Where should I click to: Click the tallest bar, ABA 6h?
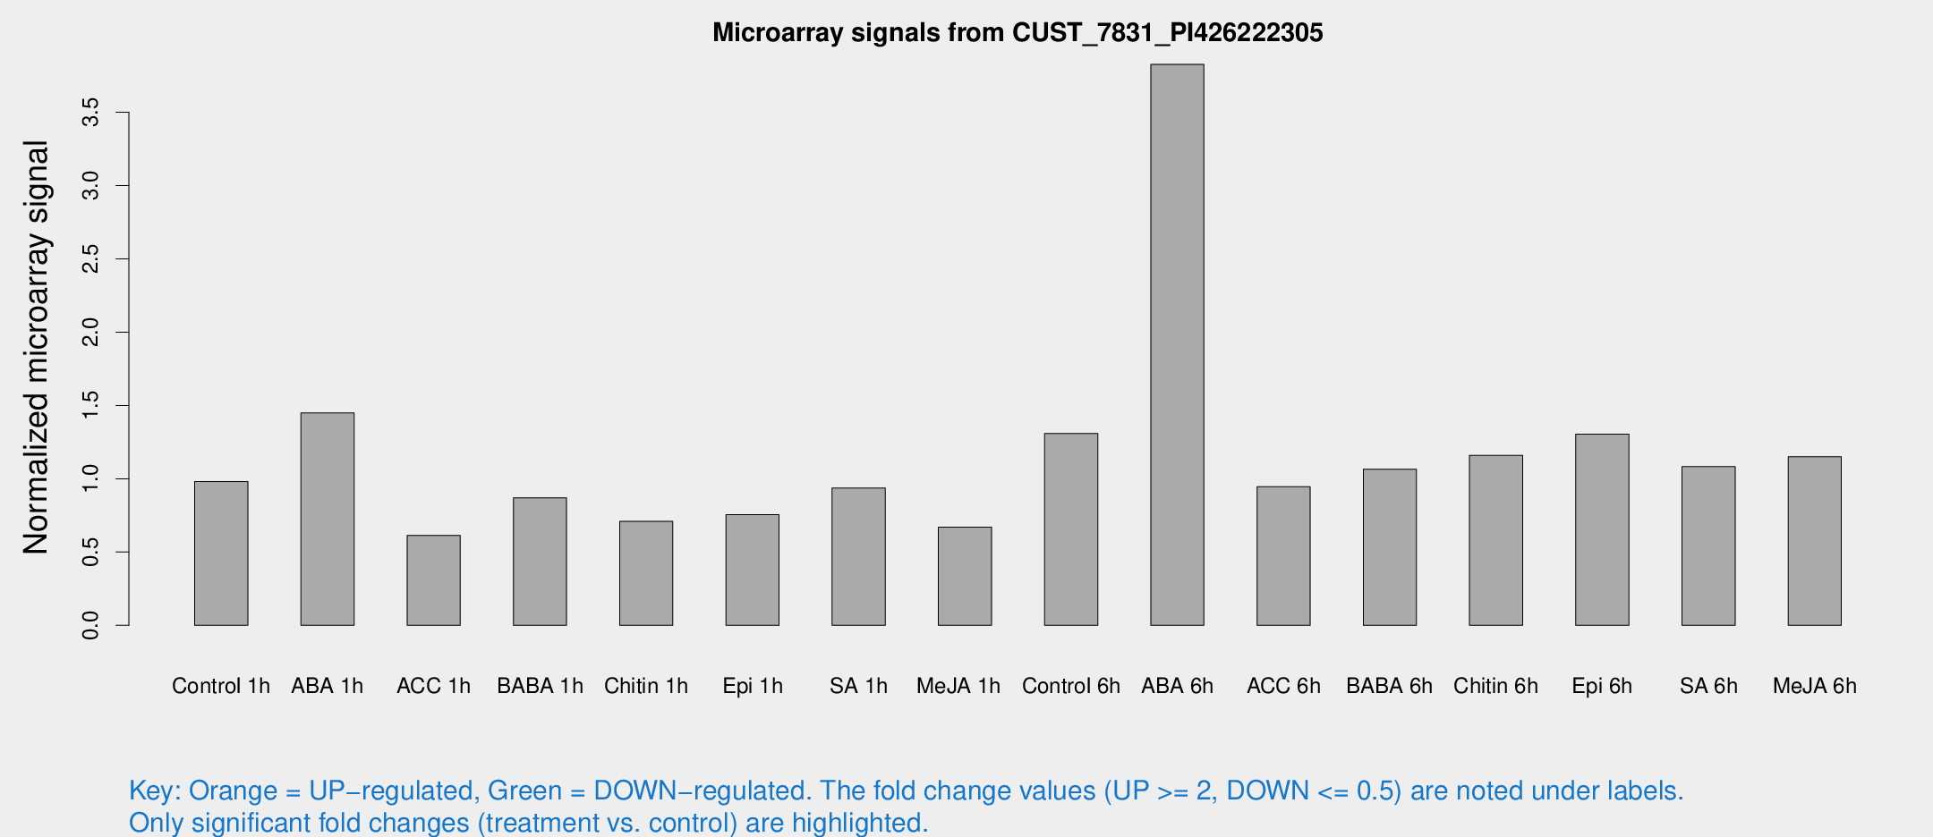pyautogui.click(x=1177, y=344)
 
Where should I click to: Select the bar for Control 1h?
pyautogui.click(x=221, y=554)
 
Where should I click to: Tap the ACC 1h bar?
pyautogui.click(x=433, y=580)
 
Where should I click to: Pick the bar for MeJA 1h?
pyautogui.click(x=965, y=576)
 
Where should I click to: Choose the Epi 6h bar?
pyautogui.click(x=1602, y=529)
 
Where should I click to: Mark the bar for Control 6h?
pyautogui.click(x=1071, y=529)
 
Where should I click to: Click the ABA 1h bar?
pyautogui.click(x=328, y=519)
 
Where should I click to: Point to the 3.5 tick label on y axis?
pyautogui.click(x=90, y=113)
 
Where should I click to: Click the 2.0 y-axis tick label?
pyautogui.click(x=90, y=333)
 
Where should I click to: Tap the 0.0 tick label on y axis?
pyautogui.click(x=90, y=625)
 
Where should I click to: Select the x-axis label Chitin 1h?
pyautogui.click(x=646, y=686)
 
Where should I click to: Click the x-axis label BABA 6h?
pyautogui.click(x=1389, y=686)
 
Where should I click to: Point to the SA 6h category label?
pyautogui.click(x=1708, y=686)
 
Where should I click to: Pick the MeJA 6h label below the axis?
pyautogui.click(x=1815, y=686)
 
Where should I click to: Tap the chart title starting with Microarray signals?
pyautogui.click(x=1018, y=33)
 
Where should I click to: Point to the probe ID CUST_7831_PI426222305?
pyautogui.click(x=1167, y=33)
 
